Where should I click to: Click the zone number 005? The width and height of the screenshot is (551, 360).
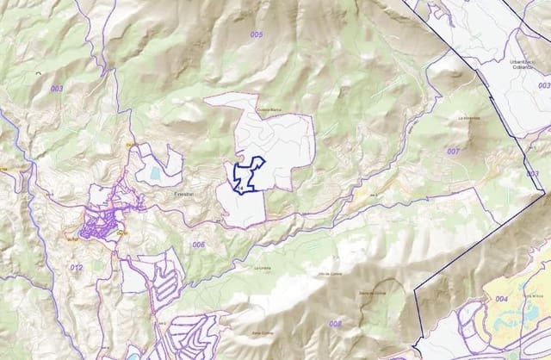[x=257, y=34]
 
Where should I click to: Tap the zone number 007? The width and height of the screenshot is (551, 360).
[x=453, y=151]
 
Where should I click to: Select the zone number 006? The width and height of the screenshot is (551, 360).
[x=199, y=245]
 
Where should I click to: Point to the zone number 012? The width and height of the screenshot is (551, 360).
[x=77, y=268]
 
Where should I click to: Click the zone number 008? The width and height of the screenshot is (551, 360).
[x=335, y=323]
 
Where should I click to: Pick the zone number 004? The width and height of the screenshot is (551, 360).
[x=502, y=299]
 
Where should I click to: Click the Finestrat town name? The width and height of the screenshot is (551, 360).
[x=184, y=196]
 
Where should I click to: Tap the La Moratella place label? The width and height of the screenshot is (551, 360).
[x=469, y=118]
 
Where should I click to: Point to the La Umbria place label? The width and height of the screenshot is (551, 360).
[x=262, y=268]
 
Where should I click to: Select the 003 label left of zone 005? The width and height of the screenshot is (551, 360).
[x=57, y=89]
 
